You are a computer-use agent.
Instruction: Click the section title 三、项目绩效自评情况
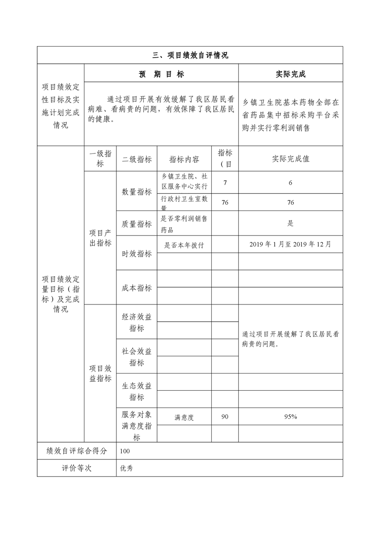click(x=190, y=55)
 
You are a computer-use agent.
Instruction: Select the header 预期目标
click(x=161, y=74)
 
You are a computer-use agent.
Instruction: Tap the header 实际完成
click(x=290, y=74)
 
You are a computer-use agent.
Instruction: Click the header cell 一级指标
click(x=100, y=159)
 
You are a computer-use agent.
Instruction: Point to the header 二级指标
click(x=137, y=159)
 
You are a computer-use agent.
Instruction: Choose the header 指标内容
click(x=184, y=159)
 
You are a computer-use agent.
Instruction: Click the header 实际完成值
click(x=290, y=159)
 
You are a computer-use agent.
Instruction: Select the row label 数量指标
click(x=137, y=192)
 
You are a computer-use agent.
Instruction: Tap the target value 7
click(x=225, y=183)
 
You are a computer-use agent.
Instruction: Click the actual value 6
click(x=290, y=183)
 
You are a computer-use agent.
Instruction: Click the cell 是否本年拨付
click(x=184, y=245)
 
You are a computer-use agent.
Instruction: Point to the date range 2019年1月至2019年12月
click(x=290, y=244)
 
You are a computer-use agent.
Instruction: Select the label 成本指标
click(x=137, y=288)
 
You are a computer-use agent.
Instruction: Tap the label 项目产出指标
click(x=100, y=237)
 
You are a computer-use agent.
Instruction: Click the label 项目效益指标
click(x=100, y=374)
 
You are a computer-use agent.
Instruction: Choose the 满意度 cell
click(x=184, y=417)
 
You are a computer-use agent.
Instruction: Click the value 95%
click(x=290, y=417)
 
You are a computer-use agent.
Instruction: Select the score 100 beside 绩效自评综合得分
click(x=125, y=451)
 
